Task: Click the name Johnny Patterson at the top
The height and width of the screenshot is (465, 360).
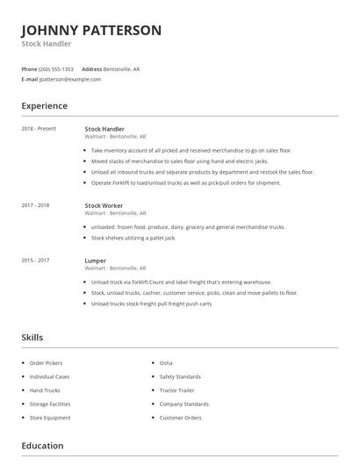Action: (x=91, y=30)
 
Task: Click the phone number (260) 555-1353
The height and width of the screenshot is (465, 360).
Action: (x=57, y=68)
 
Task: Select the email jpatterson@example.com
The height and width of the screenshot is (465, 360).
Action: (x=70, y=79)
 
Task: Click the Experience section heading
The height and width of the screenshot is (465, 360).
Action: (x=44, y=106)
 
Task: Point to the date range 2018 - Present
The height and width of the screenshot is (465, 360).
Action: (x=39, y=129)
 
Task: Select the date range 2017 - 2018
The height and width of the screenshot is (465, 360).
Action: (x=35, y=205)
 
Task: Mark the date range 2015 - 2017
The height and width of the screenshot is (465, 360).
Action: (x=35, y=261)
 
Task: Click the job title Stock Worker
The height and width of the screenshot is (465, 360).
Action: (x=104, y=205)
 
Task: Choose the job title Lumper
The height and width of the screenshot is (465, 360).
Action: (x=95, y=261)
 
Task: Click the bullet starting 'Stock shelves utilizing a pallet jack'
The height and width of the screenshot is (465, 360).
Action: (x=133, y=238)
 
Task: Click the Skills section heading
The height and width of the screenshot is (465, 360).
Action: (x=32, y=337)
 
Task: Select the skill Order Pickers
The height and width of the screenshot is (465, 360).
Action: (x=46, y=362)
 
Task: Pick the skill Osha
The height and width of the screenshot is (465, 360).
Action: (x=166, y=362)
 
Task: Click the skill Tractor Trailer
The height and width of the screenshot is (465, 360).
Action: (x=178, y=390)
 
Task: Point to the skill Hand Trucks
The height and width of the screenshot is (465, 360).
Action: (x=44, y=390)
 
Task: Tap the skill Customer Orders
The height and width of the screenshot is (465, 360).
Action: (x=180, y=418)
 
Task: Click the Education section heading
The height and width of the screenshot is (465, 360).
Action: (x=42, y=447)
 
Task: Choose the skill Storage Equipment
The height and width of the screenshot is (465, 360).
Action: (x=50, y=418)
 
